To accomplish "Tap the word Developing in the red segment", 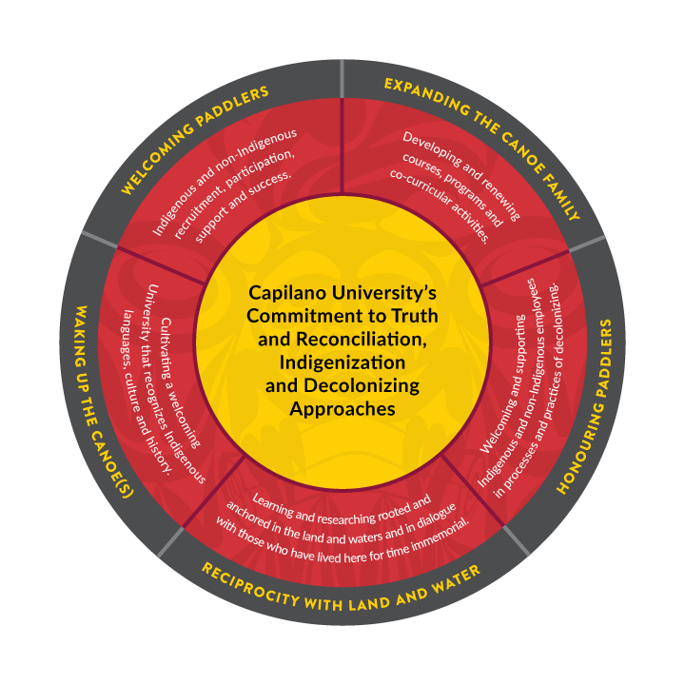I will (x=432, y=151).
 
